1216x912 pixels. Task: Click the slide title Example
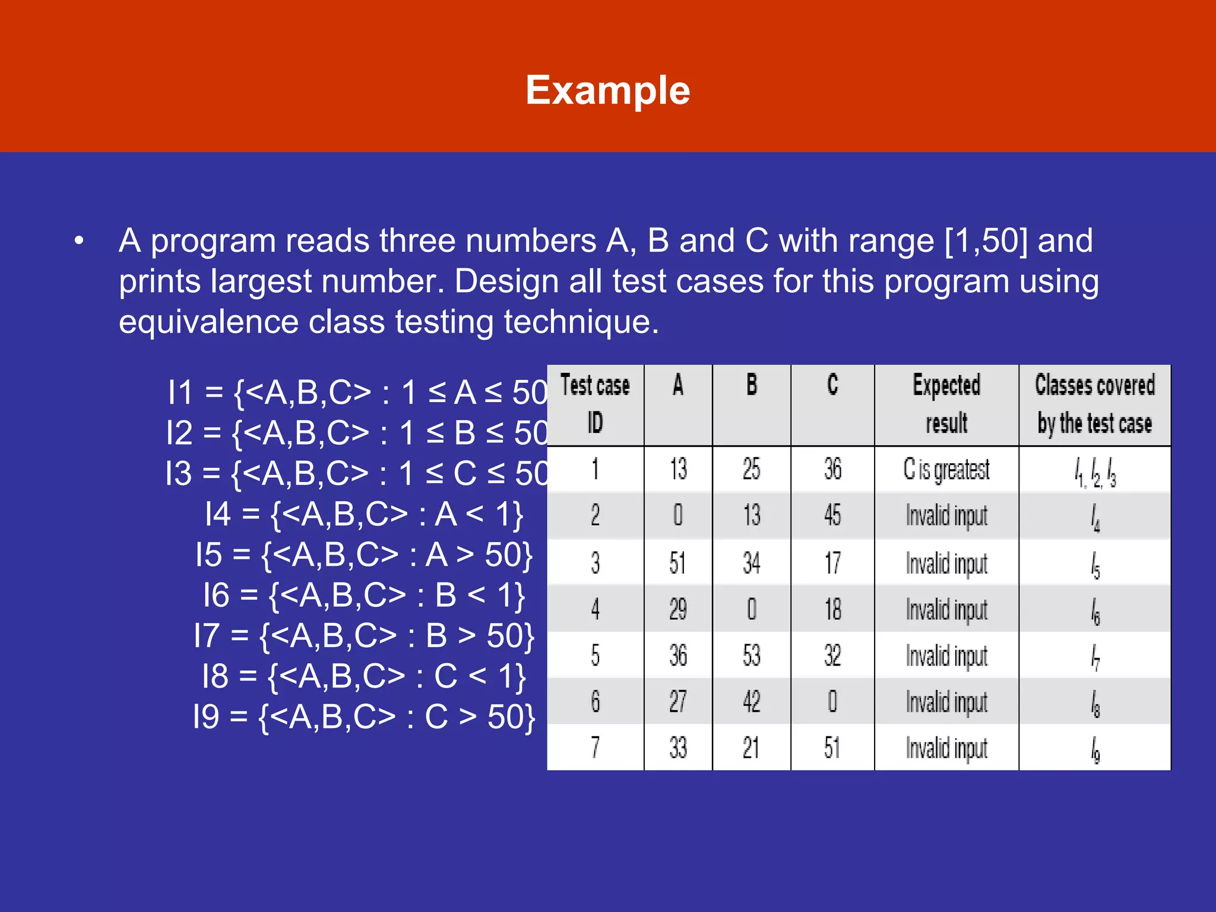coord(607,90)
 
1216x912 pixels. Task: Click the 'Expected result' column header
coord(946,404)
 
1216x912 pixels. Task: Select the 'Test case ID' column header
coord(595,404)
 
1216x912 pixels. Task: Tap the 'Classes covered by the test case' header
coord(1095,404)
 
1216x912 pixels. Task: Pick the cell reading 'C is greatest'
coord(946,470)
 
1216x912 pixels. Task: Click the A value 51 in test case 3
coord(677,562)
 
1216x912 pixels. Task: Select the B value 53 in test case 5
coord(751,655)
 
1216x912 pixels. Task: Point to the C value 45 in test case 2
coord(832,515)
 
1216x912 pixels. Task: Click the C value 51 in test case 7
coord(832,748)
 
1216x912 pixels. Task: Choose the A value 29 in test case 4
coord(677,609)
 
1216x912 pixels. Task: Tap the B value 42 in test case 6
coord(751,702)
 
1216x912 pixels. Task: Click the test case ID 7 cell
coord(595,748)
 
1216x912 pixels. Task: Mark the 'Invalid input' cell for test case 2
coord(946,515)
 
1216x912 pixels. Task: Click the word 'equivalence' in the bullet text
coord(208,322)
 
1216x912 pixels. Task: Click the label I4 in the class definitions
coord(218,514)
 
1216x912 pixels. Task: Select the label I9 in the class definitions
coord(206,717)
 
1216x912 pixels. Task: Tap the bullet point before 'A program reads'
coord(79,241)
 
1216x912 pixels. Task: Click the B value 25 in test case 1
coord(751,470)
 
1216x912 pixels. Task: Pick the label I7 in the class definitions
coord(207,636)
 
